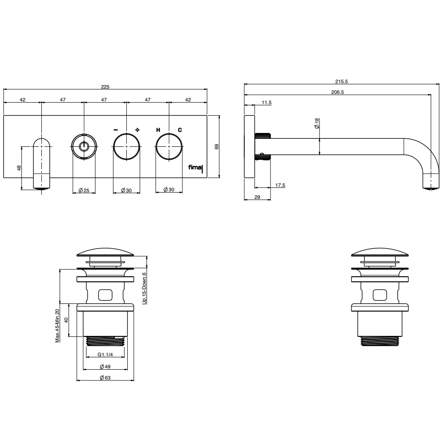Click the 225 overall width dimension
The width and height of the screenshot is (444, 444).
pos(105,87)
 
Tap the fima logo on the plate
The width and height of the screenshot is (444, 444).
pos(196,168)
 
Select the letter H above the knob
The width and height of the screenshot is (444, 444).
pos(158,130)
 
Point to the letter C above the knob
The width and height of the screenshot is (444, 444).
pos(180,130)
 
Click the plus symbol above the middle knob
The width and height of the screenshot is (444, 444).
pos(137,130)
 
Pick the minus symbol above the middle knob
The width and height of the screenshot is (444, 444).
pos(116,130)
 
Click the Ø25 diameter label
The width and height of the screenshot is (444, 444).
pos(84,190)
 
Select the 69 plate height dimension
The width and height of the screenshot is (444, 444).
pos(217,147)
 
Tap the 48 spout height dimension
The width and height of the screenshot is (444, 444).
pos(19,168)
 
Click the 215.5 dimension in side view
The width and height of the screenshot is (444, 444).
pos(342,81)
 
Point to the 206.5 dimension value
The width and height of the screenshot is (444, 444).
pos(338,92)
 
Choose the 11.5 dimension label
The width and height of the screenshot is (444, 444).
pos(266,102)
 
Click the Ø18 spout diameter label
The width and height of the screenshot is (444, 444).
pos(317,123)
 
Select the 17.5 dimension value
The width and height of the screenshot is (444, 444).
pos(280,185)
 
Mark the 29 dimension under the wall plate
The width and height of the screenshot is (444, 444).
pos(257,197)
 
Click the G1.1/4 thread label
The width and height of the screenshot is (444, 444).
pos(105,355)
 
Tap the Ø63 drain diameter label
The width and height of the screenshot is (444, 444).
pos(105,377)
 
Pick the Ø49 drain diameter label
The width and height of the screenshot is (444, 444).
pos(105,367)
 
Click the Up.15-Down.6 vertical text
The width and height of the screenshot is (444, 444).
pos(145,288)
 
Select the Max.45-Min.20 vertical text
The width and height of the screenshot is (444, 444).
pos(57,326)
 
